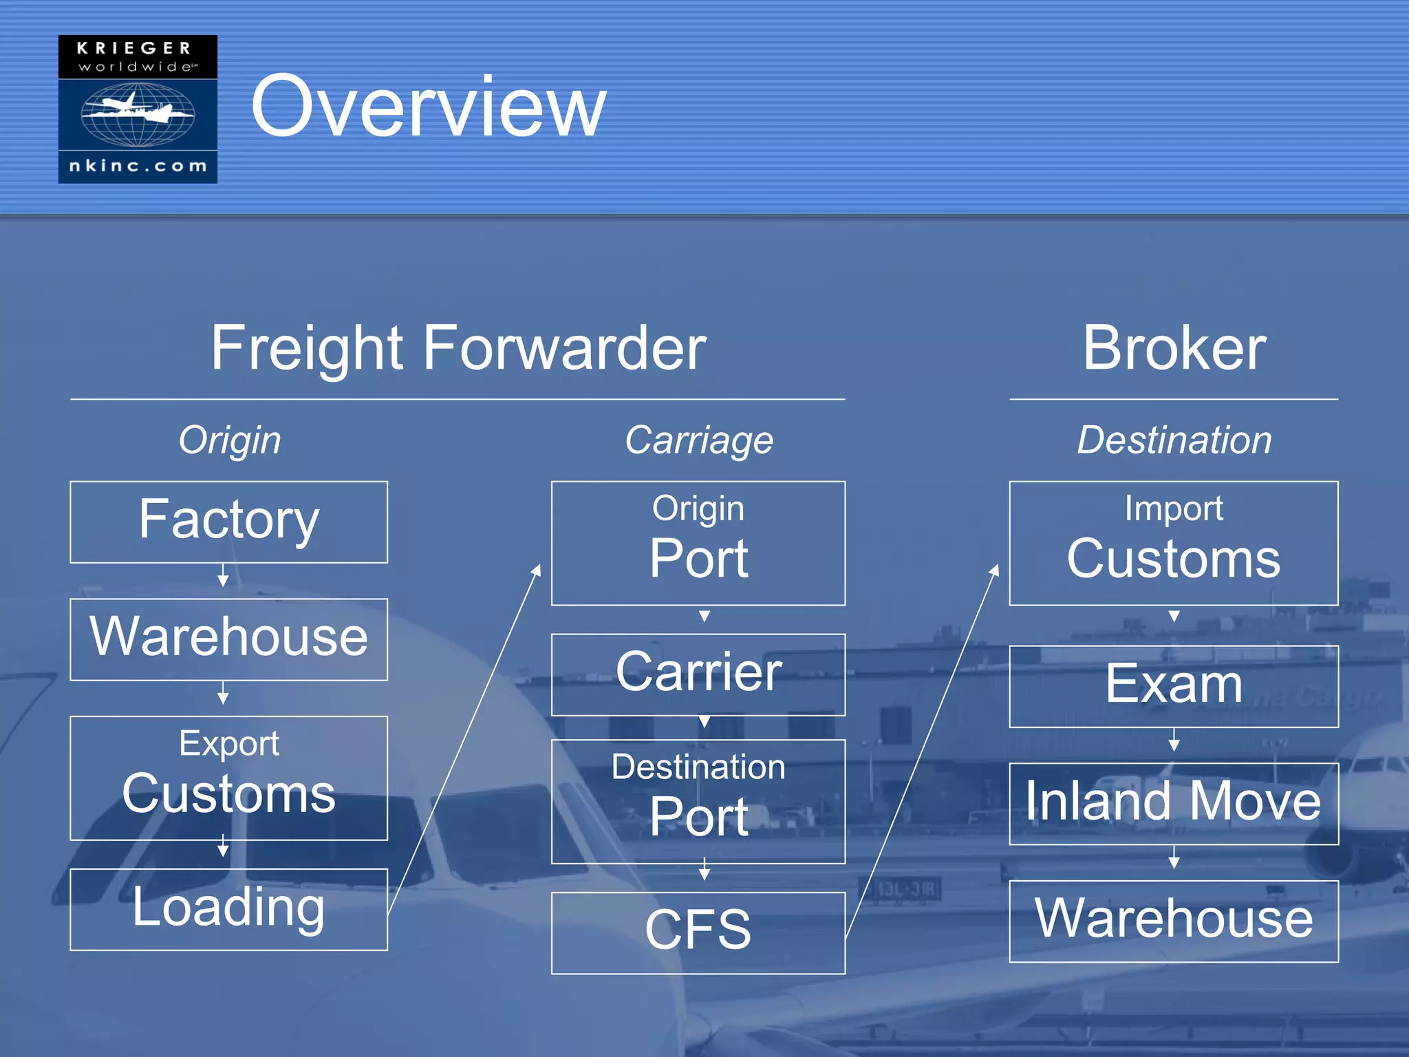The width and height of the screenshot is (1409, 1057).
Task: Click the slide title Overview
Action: (x=428, y=107)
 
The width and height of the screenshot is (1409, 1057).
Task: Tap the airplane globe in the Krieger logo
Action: (x=138, y=114)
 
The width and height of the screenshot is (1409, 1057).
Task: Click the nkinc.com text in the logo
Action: (x=138, y=166)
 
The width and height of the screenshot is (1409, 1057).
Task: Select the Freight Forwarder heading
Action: (x=458, y=348)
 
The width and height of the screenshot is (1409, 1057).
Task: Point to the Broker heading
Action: (x=1174, y=348)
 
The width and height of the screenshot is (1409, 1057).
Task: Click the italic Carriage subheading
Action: (x=698, y=440)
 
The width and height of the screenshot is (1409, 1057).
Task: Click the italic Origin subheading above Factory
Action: (x=230, y=440)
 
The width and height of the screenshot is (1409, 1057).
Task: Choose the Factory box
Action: (x=228, y=522)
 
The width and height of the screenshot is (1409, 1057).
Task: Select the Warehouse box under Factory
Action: (x=228, y=639)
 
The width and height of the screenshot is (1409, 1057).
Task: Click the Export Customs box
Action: (x=228, y=778)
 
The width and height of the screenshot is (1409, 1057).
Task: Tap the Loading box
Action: (x=228, y=909)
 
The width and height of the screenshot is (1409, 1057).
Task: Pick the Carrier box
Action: (x=698, y=674)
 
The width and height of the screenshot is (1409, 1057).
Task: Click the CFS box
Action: (x=698, y=932)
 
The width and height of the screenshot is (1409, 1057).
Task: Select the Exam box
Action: (x=1174, y=686)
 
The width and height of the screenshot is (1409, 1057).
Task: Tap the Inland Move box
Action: (x=1174, y=803)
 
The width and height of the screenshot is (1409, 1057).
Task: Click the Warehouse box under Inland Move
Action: (x=1174, y=921)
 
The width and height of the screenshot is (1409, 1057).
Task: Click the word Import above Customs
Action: (x=1174, y=509)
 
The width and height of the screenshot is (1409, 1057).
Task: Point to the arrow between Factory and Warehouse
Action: (x=223, y=575)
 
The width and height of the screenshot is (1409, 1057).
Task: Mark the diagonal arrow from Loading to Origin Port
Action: (x=464, y=740)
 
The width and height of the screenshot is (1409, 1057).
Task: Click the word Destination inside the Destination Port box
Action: (x=698, y=767)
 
